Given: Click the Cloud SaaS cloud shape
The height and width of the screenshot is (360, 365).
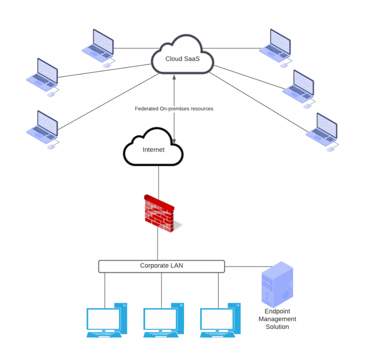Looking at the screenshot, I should [x=182, y=58].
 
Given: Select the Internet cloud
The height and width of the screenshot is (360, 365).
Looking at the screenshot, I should [x=153, y=149].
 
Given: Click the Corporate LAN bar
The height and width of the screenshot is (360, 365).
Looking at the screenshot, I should [x=161, y=266].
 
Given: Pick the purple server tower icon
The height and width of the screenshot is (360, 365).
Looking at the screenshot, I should [x=276, y=285].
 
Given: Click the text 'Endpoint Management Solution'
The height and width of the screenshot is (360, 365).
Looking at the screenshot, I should [x=277, y=319].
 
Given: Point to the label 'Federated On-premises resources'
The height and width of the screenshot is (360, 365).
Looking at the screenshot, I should [x=174, y=109].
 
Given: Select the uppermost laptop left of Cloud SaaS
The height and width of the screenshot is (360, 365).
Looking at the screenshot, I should [x=98, y=46].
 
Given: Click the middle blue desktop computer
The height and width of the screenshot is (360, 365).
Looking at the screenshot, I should [x=163, y=319].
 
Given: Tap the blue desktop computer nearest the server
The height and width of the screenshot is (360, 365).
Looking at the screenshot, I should [x=219, y=319].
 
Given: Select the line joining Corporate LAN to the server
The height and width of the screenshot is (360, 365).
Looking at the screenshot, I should [x=245, y=266].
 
